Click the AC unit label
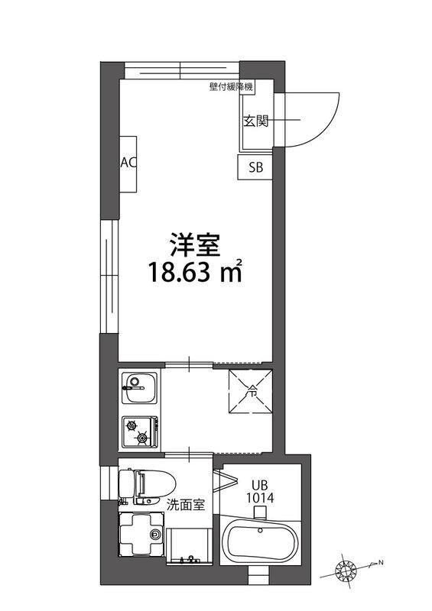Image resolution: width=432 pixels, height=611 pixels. (x=128, y=163)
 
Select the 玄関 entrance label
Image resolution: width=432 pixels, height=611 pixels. (x=255, y=121)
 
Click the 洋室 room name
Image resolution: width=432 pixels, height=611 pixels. (x=195, y=246)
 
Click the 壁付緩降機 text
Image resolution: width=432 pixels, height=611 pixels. (x=230, y=86)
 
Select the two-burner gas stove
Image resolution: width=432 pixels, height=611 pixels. (x=139, y=432)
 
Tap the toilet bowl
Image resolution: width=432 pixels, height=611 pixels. (x=145, y=483)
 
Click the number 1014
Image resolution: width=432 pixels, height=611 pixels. (x=259, y=497)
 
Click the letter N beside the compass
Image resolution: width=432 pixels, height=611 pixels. (x=378, y=565)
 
